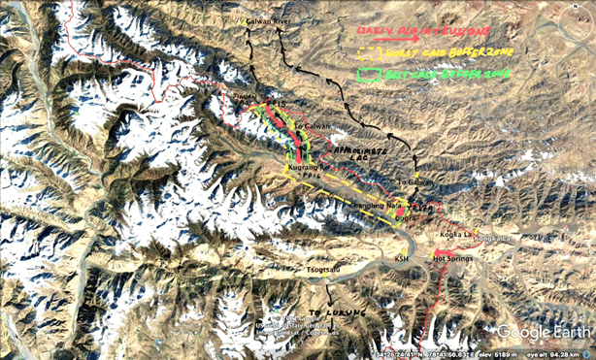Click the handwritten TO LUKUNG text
pos(326,312)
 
